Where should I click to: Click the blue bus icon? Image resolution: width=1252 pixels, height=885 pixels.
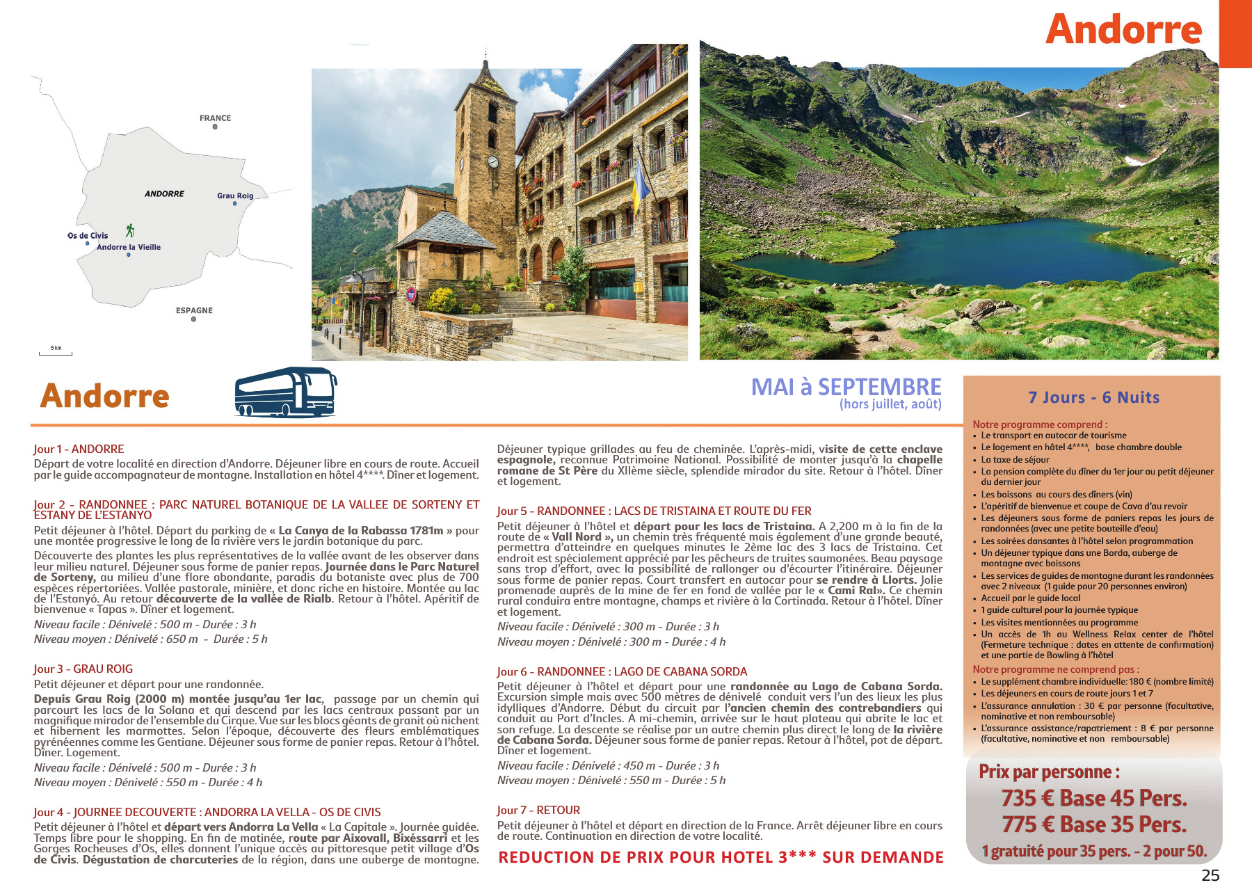285,392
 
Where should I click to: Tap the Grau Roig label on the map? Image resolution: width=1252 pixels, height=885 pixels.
235,196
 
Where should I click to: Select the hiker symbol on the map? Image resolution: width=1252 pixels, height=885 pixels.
130,230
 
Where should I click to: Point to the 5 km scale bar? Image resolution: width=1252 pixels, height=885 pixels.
56,351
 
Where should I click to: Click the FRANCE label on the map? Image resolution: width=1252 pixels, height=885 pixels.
215,118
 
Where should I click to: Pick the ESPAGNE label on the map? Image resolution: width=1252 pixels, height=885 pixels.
194,310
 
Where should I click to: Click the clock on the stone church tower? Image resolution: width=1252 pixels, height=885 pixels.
492,162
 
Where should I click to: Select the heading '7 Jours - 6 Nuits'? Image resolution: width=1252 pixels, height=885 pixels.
1093,397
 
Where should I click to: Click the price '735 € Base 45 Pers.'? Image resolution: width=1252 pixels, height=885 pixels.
1093,798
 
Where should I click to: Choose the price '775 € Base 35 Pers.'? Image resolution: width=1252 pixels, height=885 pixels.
1093,824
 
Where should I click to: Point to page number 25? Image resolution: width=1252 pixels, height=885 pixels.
1210,875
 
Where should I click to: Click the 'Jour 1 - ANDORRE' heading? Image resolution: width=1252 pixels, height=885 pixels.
79,449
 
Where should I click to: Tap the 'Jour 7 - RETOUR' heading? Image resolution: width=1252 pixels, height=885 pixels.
538,811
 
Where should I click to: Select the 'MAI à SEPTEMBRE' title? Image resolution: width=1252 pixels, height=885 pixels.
846,387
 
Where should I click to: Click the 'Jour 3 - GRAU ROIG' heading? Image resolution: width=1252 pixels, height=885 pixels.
83,669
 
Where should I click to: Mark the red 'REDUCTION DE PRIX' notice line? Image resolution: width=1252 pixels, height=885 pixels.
721,857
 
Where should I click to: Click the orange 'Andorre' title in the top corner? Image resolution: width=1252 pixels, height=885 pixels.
1123,29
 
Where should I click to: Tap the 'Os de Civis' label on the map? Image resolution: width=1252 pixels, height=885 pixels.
88,236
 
